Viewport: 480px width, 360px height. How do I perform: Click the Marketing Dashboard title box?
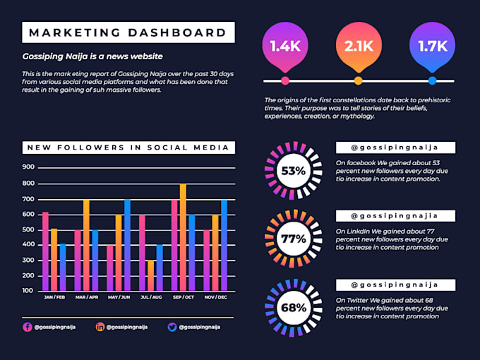[128, 32]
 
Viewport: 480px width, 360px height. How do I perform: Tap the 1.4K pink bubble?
[285, 47]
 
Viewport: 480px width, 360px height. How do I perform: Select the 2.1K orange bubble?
[359, 47]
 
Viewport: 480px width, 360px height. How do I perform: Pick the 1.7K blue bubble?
[432, 47]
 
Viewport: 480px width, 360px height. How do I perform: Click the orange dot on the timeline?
[359, 81]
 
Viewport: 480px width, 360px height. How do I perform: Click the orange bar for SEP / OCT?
[183, 237]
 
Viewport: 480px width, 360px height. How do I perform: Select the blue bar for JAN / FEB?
[63, 267]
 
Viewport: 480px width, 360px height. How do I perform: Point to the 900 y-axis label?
[28, 167]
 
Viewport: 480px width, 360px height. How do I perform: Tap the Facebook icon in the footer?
[28, 327]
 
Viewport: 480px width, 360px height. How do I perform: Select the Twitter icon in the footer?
[172, 327]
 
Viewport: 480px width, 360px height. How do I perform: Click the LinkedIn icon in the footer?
[100, 327]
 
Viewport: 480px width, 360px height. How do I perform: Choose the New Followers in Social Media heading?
[128, 148]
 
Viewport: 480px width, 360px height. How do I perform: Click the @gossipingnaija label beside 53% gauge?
[395, 148]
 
